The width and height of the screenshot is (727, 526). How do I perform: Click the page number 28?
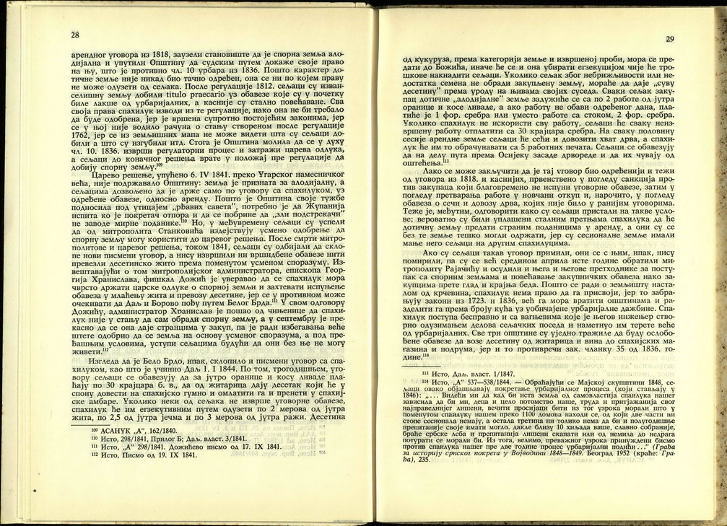pos(74,35)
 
